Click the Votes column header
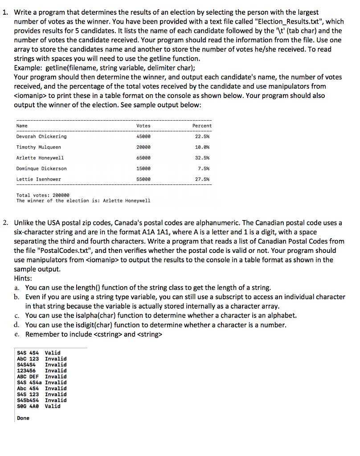click(x=143, y=126)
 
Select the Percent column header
click(x=202, y=126)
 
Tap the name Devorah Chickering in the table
click(x=41, y=137)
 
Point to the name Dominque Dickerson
click(x=41, y=169)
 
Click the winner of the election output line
click(x=83, y=201)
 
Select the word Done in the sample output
click(x=23, y=418)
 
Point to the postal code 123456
click(x=26, y=370)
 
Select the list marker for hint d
click(x=17, y=325)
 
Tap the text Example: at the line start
click(x=29, y=68)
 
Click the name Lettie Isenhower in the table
click(x=39, y=179)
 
